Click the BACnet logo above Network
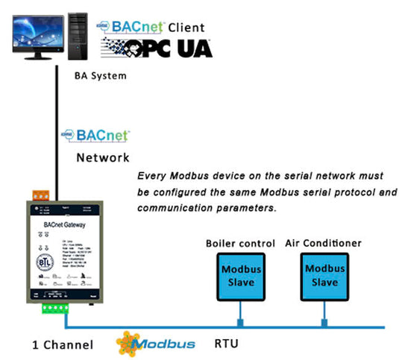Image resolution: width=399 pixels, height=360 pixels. (95, 136)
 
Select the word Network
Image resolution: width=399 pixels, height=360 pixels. (103, 158)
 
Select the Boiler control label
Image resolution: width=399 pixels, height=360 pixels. (238, 244)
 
